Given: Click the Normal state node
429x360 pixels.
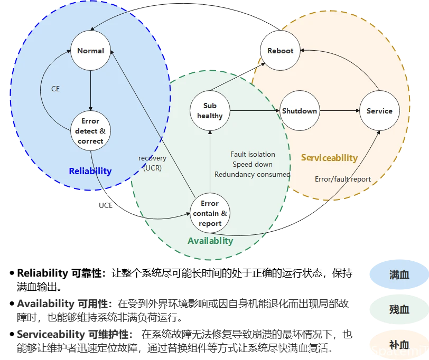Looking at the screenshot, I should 90,51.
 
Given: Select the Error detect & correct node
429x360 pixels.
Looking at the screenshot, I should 90,131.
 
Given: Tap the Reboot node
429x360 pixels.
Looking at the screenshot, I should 280,51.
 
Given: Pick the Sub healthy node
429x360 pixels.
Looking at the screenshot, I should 210,111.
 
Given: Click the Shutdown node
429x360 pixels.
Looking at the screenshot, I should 300,111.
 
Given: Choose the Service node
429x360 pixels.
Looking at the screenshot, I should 379,111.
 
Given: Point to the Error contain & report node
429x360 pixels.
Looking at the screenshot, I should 210,213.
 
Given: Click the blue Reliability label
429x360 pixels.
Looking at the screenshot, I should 90,171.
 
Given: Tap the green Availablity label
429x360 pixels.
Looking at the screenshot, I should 210,241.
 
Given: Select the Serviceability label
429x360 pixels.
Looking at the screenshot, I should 329,158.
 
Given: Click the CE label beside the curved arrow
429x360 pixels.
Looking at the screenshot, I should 55,89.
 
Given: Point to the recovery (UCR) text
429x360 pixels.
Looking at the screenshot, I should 153,163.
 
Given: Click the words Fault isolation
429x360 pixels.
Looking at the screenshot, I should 253,155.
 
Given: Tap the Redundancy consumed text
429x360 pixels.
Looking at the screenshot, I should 253,174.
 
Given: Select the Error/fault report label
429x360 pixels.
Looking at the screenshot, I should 343,179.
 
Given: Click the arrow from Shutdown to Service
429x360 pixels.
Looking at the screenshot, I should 339,111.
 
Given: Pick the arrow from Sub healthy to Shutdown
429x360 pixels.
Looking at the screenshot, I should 255,111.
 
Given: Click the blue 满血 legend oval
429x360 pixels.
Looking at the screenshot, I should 399,275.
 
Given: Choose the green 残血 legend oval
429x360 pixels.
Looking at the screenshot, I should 399,309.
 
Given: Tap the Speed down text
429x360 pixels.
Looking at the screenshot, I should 253,165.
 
